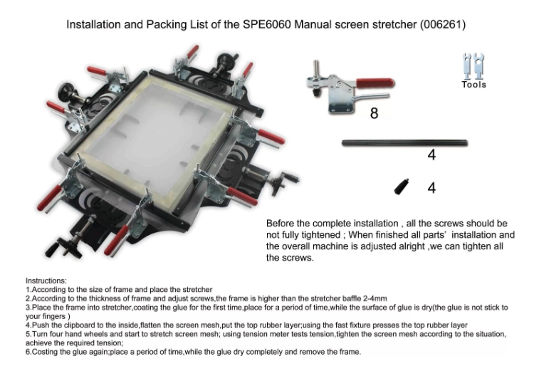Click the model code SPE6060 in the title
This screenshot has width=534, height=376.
point(267,24)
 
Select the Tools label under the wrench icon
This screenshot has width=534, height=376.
point(473,85)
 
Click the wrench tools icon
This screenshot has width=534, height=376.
point(473,66)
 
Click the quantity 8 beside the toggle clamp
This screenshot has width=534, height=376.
point(374,113)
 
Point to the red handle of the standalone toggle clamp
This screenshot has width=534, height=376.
point(375,83)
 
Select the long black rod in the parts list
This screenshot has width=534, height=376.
point(405,143)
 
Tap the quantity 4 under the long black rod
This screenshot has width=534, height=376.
point(431,155)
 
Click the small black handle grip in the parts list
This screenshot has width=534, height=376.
point(402,187)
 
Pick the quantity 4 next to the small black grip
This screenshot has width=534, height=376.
point(431,188)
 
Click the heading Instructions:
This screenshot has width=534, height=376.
point(46,281)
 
